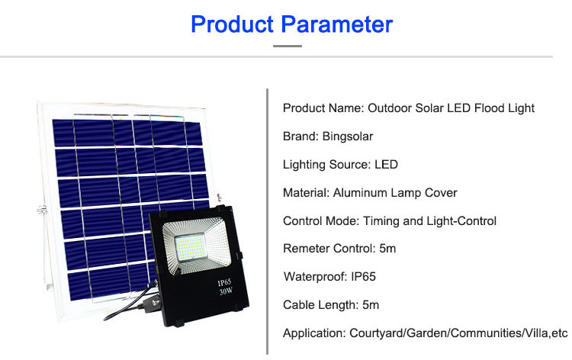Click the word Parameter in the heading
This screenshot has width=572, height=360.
(x=336, y=25)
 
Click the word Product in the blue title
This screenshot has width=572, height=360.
(x=233, y=24)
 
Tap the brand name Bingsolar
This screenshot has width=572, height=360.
(x=348, y=137)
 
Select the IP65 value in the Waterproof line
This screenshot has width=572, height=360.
(x=363, y=277)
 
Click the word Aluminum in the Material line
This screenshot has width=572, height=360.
(x=360, y=192)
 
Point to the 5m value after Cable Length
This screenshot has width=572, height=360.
(x=371, y=305)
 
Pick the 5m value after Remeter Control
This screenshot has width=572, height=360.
(x=387, y=249)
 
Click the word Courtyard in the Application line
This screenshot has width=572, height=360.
(x=376, y=333)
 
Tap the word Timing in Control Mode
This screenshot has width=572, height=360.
(x=381, y=221)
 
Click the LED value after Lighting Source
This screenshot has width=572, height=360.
(x=386, y=165)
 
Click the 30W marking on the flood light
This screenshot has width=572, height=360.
(x=226, y=291)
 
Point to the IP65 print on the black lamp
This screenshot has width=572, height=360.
(x=224, y=283)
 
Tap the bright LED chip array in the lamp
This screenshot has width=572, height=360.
(x=190, y=247)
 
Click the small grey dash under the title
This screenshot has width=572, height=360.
(x=288, y=46)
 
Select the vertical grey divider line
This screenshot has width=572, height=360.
(x=268, y=221)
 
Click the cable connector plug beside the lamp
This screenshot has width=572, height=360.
(x=152, y=304)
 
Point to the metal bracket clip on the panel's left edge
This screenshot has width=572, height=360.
(x=42, y=209)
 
